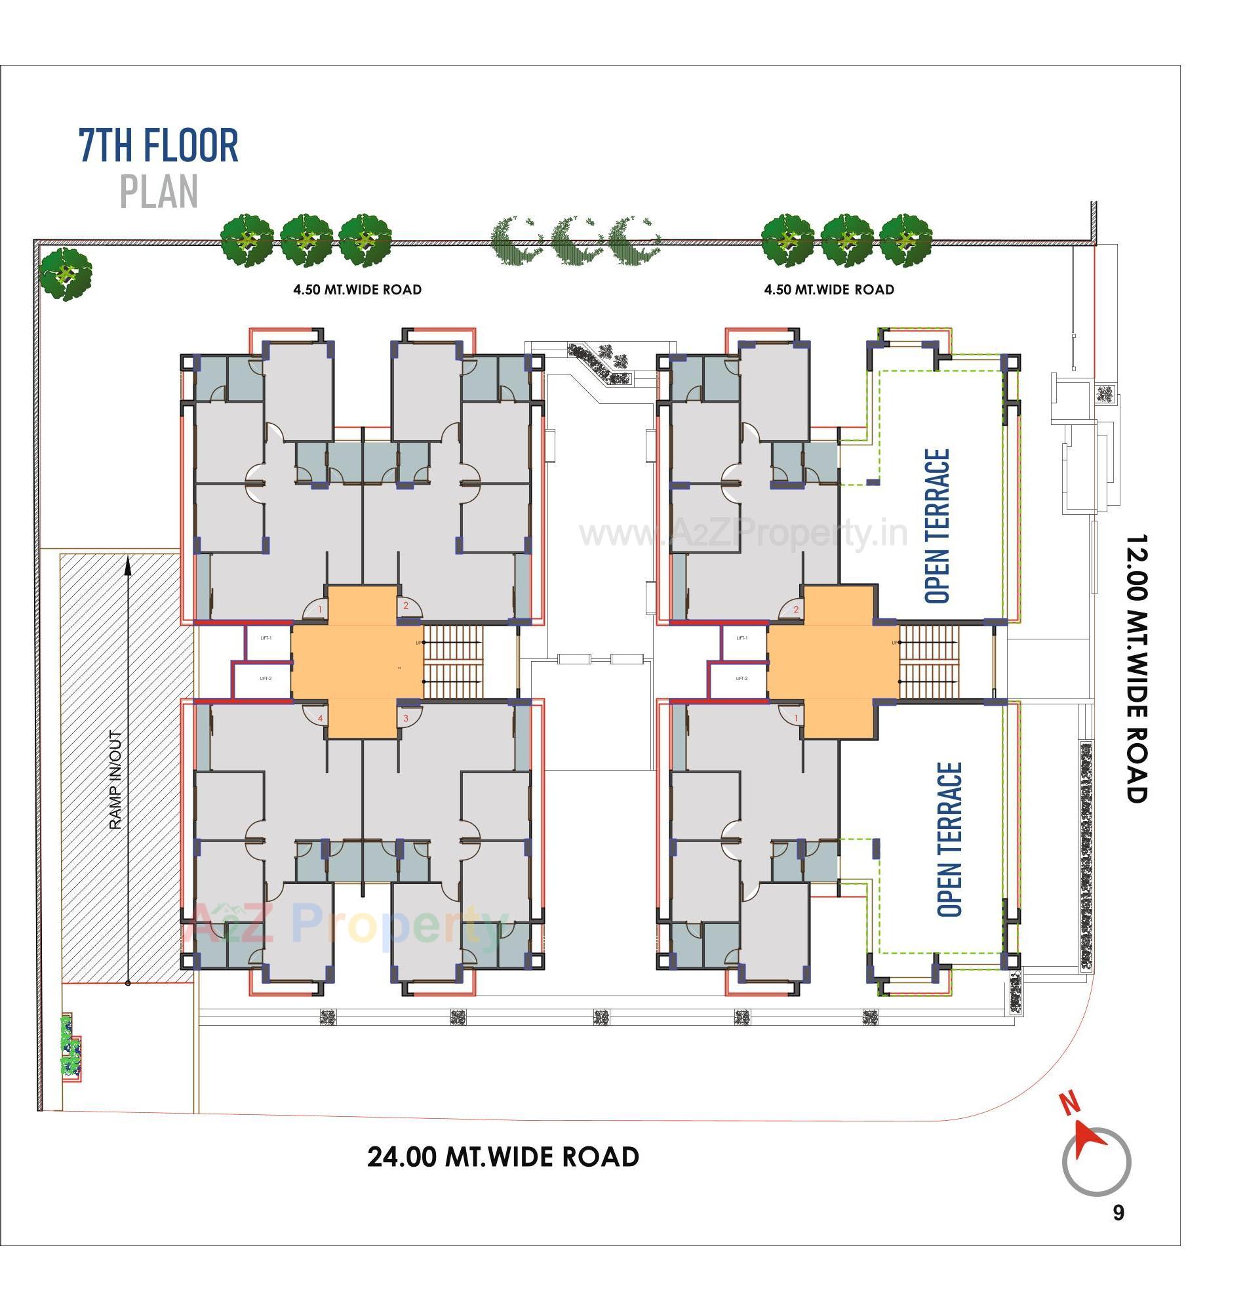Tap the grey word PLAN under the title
pos(159,193)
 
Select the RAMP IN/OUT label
pos(115,780)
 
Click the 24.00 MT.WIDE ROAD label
pos(503,1156)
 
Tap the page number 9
pos(1118,1213)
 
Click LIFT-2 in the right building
pos(742,678)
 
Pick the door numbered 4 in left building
pos(320,718)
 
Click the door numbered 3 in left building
pos(405,718)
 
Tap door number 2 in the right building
pos(796,609)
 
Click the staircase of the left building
pos(452,661)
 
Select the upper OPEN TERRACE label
pos(937,527)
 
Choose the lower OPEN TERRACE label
pos(949,839)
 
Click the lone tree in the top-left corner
pos(65,273)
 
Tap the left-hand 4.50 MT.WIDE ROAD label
pos(357,289)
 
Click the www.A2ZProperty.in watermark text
pos(743,533)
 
